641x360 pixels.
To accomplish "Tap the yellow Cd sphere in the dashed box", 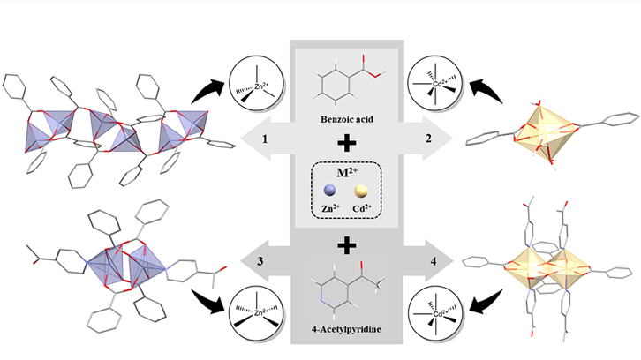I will click(360, 190).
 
